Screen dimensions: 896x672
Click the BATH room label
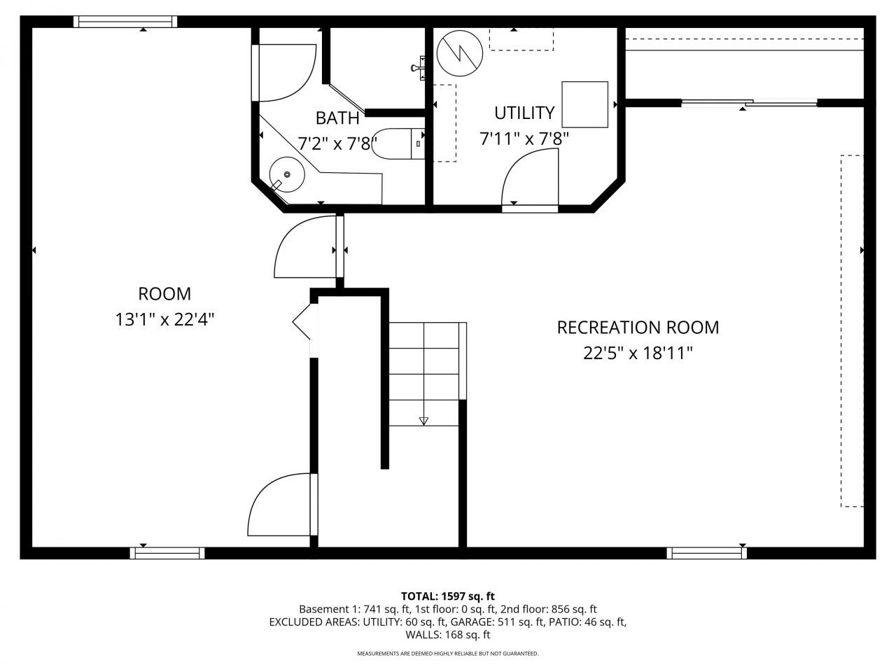pos(337,118)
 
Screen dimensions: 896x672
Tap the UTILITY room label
pos(524,113)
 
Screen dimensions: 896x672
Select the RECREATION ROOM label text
pos(638,327)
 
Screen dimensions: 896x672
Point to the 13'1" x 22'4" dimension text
pos(164,319)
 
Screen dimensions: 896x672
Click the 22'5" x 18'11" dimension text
pos(638,353)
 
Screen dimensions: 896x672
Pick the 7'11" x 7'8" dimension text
pos(524,139)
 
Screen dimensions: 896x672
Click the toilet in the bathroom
pos(398,144)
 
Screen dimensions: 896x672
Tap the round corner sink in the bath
pos(287,174)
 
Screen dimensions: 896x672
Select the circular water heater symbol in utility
pos(460,53)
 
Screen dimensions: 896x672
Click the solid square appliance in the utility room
pos(584,104)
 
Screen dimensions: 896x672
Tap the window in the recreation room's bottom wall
pos(706,553)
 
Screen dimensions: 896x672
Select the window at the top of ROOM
pos(125,22)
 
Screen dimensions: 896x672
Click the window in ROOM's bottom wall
pos(167,553)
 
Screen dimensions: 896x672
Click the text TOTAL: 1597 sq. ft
pos(448,596)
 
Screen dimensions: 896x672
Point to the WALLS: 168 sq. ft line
pos(448,634)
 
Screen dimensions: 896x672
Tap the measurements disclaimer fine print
pos(448,654)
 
